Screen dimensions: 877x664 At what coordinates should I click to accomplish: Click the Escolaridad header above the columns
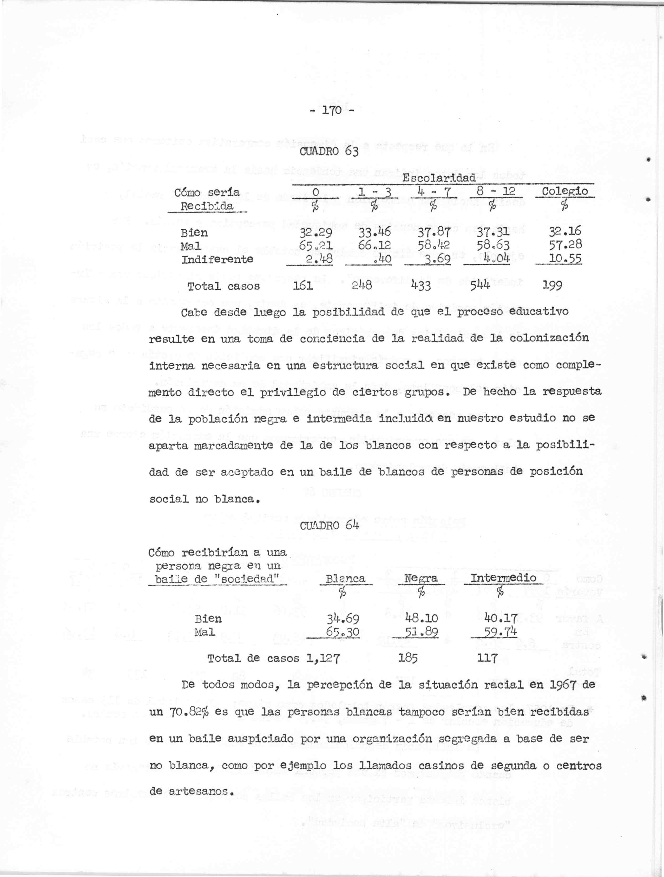pyautogui.click(x=438, y=178)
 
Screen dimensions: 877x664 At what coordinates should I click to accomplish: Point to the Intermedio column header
pyautogui.click(x=503, y=578)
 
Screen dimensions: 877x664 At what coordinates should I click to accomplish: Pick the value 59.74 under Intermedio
pyautogui.click(x=502, y=632)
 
